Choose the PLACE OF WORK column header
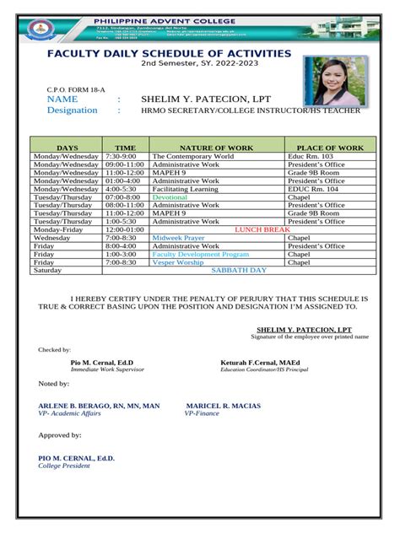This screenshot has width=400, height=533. tap(330, 148)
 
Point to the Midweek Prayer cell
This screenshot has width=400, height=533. tap(178, 238)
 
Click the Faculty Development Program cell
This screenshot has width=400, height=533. tap(200, 254)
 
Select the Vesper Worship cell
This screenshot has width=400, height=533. tap(177, 262)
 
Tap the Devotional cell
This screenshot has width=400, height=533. tap(170, 197)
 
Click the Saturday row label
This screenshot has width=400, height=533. tap(47, 271)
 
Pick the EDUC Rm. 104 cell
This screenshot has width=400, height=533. tap(313, 189)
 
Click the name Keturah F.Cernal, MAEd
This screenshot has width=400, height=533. tap(262, 362)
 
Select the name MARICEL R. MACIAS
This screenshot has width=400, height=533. tap(224, 406)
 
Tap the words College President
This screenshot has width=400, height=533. tap(63, 465)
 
